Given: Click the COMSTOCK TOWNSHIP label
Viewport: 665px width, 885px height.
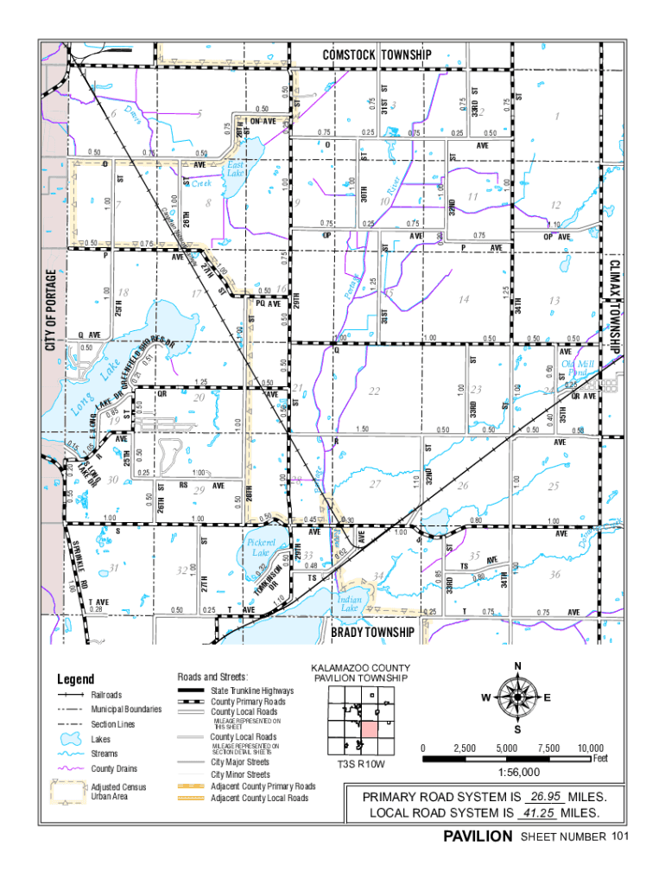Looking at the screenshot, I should click(377, 54).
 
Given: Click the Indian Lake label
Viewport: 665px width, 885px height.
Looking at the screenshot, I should click(349, 603).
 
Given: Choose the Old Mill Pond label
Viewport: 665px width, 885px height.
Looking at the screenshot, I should click(578, 369).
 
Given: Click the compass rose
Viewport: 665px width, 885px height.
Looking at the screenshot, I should click(517, 697).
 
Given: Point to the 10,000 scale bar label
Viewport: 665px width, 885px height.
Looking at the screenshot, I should click(591, 748).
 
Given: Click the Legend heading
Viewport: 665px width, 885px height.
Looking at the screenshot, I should click(77, 680).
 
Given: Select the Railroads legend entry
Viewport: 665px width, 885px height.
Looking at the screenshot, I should click(106, 695).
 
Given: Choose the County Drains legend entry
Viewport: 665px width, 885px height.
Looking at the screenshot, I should click(115, 768).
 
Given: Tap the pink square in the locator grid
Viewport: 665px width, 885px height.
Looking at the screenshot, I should click(369, 728).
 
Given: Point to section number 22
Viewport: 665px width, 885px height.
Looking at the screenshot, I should click(374, 392).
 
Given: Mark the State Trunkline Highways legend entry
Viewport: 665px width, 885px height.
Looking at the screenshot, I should click(252, 691).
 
